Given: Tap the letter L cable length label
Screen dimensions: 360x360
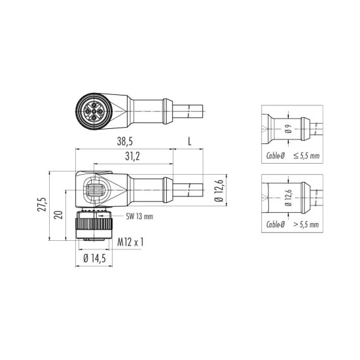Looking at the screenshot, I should (189, 141).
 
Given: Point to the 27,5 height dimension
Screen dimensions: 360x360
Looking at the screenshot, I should (43, 208).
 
